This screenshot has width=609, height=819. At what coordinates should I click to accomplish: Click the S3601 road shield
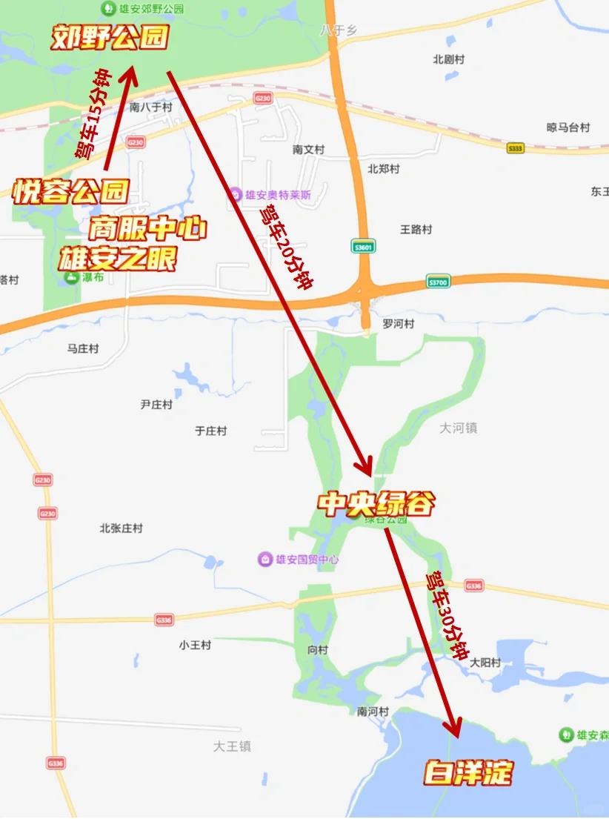coord(362,247)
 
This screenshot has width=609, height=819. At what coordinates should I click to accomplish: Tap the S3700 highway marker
coord(439,282)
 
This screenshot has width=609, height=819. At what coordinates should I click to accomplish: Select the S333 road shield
coord(516,148)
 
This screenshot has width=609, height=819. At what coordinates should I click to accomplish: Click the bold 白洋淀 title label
coord(468,773)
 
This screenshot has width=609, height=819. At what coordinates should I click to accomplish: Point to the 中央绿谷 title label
coord(376,504)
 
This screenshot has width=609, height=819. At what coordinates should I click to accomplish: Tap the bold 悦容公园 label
coord(70,192)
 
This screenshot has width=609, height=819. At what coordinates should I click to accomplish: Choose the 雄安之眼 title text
coord(118,259)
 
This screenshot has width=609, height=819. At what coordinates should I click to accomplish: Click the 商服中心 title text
coord(147,229)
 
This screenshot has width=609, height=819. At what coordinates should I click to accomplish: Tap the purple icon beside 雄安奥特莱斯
coord(236,194)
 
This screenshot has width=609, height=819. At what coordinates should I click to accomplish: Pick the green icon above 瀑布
coord(71,278)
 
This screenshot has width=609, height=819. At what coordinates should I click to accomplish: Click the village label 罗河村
coord(398,324)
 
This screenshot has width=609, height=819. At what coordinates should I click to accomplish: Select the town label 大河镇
coord(458,428)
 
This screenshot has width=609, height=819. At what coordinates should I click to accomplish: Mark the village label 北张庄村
coord(121,528)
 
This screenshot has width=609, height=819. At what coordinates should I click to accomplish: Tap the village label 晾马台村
coord(568,127)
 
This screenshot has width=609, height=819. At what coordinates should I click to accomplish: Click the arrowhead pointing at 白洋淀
coord(453,729)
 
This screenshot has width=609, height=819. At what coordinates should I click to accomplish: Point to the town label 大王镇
coord(232,746)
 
